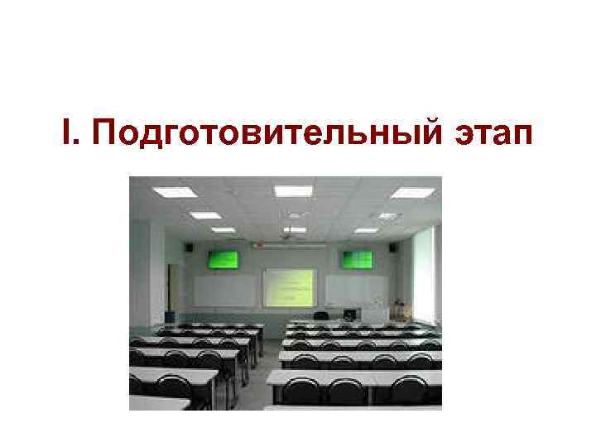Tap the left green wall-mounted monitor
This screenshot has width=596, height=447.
(223, 259)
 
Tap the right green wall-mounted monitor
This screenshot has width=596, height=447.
(358, 259)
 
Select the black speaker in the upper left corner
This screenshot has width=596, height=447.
(189, 246)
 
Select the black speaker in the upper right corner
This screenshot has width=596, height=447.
(394, 246)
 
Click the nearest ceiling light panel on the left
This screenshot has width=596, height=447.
(174, 192)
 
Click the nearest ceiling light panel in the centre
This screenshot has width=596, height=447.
(293, 191)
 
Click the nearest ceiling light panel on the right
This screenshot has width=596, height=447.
(411, 193)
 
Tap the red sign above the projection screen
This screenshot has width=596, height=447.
(258, 245)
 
